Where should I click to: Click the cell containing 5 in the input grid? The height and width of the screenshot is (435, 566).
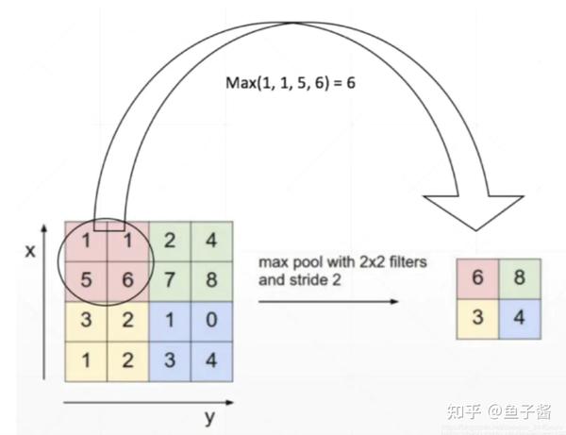point(86,280)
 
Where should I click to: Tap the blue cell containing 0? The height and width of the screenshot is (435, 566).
point(211,320)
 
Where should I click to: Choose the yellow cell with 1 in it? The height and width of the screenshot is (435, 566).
point(86,360)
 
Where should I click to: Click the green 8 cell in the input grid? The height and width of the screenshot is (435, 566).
point(211,280)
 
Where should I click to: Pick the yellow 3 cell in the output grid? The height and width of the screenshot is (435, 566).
point(478,316)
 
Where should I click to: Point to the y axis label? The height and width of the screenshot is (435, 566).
point(210,416)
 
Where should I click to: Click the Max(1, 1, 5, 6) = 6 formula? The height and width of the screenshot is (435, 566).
point(289,82)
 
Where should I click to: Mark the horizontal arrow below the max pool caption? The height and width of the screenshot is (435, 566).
point(325,301)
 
